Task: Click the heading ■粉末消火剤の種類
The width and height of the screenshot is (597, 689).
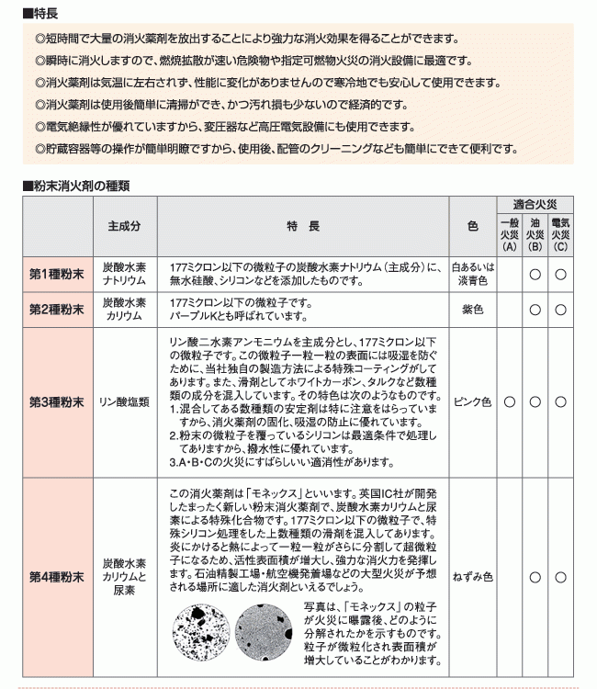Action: point(75,185)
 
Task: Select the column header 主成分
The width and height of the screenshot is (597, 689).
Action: point(124,225)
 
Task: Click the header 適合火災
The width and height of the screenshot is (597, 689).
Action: point(542,205)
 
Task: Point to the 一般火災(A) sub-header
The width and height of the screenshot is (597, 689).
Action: point(510,235)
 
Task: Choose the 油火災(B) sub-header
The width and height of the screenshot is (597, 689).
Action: point(535,235)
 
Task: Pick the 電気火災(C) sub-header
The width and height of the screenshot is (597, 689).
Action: point(560,235)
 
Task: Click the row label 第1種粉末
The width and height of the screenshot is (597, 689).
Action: point(56,274)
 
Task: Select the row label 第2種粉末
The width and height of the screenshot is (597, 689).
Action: point(56,310)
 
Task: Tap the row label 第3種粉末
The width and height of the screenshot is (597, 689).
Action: point(56,401)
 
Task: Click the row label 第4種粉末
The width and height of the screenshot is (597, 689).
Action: point(56,576)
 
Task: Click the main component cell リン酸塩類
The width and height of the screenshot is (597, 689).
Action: point(124,401)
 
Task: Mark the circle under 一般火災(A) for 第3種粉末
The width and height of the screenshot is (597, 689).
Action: point(510,401)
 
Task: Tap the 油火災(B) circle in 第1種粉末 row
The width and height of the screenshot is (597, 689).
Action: point(535,274)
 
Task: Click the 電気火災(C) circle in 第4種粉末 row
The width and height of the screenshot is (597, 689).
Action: point(560,576)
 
